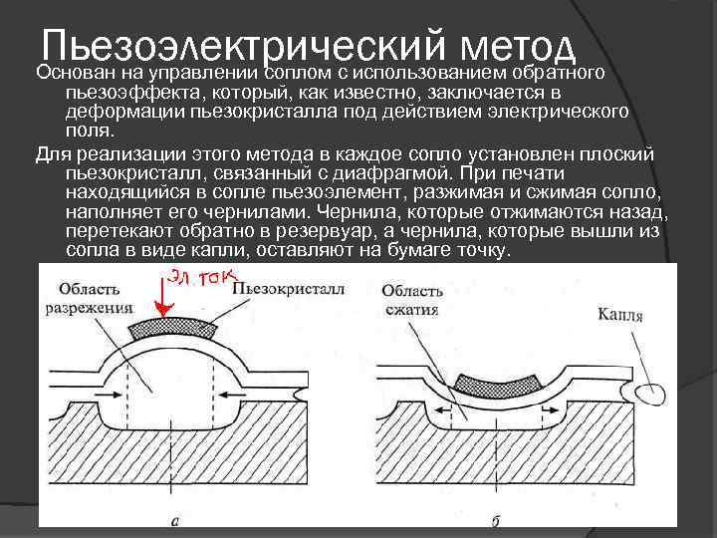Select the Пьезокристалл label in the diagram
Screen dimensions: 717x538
click(288, 290)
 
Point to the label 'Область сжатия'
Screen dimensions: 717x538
click(411, 298)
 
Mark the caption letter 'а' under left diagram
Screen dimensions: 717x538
click(175, 519)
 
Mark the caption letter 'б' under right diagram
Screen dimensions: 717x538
click(496, 519)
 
